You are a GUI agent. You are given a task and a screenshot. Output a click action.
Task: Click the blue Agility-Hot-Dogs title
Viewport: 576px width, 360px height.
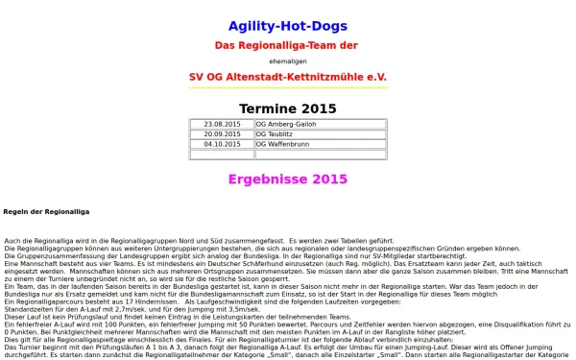(x=288, y=26)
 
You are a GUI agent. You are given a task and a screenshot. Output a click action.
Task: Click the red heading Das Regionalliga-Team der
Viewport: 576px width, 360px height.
(x=287, y=45)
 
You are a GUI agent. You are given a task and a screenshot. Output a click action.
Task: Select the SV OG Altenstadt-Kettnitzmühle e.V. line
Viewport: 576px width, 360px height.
(x=287, y=75)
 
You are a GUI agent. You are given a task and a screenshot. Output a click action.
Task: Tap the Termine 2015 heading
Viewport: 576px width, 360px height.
(x=288, y=108)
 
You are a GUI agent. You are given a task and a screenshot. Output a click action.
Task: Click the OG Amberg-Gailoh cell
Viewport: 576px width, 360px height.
(x=320, y=125)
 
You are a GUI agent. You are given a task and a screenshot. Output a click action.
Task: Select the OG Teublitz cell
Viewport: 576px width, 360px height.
(x=320, y=134)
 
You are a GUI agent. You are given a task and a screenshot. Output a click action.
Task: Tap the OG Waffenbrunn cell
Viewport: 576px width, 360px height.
(x=320, y=145)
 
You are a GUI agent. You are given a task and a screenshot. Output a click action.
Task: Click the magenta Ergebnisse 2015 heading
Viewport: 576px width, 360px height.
(x=287, y=179)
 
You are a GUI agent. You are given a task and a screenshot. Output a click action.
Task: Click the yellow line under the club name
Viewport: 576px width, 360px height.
(x=288, y=88)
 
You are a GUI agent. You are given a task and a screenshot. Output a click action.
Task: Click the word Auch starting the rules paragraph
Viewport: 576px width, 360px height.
(x=12, y=240)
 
